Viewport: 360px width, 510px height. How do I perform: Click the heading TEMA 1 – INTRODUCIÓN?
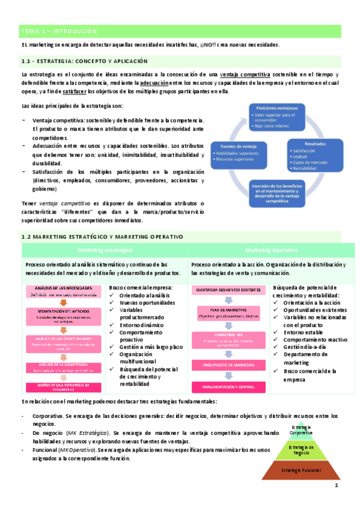[58, 31]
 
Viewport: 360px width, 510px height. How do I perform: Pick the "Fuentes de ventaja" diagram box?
[235, 156]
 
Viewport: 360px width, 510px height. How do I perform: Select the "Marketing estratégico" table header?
[105, 250]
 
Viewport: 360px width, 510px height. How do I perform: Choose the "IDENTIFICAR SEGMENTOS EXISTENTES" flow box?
[228, 290]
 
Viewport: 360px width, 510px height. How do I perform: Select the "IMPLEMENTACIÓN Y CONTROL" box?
[228, 387]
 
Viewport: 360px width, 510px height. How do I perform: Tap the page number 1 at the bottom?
[337, 485]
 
